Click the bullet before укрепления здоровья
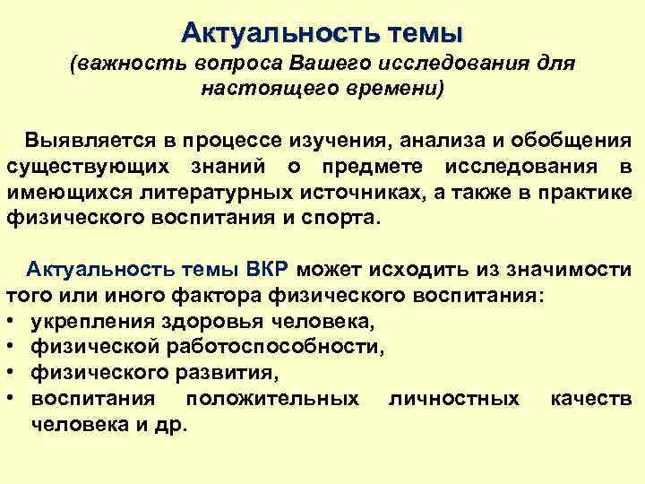pyautogui.click(x=12, y=320)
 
